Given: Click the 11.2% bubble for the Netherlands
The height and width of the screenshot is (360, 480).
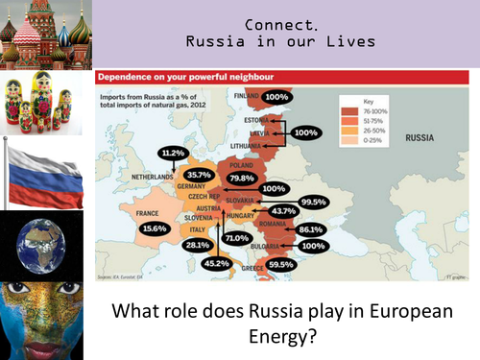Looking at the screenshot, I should click(174, 154).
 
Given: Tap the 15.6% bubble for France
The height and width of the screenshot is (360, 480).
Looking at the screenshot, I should click(153, 228).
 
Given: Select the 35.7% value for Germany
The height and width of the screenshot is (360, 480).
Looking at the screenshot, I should click(199, 175).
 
